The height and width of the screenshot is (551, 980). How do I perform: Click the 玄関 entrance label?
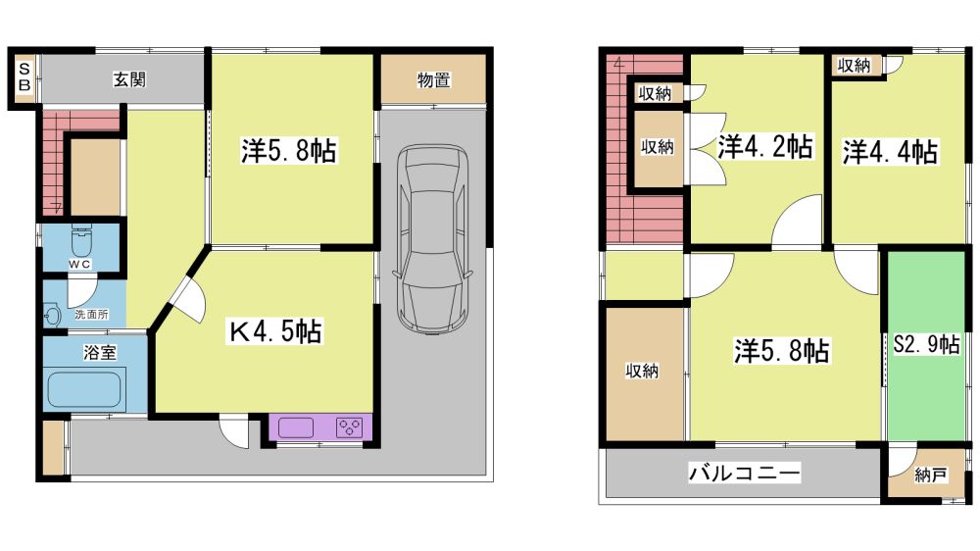coord(129,79)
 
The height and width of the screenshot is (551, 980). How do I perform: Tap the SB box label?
coord(24,76)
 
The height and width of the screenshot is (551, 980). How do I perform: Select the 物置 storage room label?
coord(434,80)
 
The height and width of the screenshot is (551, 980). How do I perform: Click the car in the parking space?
coord(432,239)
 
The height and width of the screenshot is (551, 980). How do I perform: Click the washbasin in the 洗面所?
coord(52,314)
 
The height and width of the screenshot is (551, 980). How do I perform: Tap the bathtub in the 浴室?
coord(84,389)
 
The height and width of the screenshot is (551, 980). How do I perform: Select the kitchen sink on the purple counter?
coord(296,427)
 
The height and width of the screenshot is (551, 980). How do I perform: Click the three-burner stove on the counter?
coord(349,427)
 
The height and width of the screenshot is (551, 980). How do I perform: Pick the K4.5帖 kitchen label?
coord(275,331)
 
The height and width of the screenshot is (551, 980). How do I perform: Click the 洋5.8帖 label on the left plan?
coord(289,151)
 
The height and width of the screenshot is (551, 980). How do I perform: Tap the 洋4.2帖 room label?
coord(765,146)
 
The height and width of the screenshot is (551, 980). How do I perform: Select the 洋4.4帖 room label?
coord(890,151)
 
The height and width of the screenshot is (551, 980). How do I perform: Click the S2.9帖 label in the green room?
coord(926,344)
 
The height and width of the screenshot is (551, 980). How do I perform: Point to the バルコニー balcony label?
coord(745,473)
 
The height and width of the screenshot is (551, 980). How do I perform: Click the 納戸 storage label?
coord(930,476)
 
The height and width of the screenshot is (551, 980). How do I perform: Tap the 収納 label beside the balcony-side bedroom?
coord(642,371)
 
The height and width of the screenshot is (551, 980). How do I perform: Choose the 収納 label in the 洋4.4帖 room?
coord(854,65)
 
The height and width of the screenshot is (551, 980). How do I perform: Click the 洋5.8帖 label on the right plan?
coord(782,351)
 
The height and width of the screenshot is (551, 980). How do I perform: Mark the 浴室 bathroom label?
coord(100,353)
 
